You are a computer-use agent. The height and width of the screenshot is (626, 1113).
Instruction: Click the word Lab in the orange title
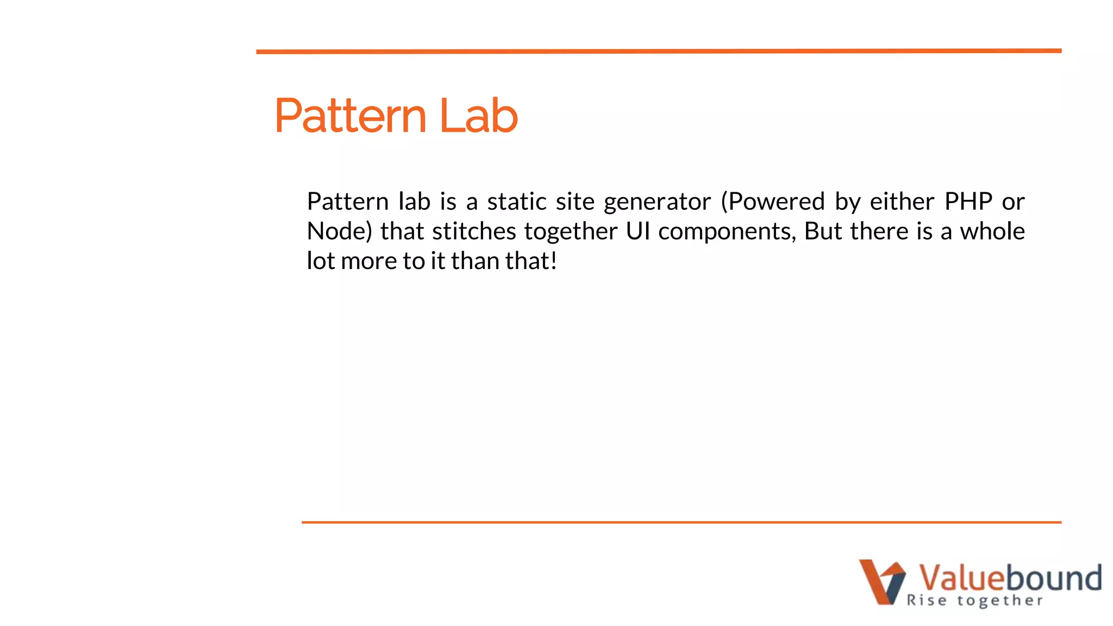click(x=478, y=116)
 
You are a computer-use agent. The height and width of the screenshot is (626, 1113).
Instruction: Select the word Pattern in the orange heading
click(x=351, y=116)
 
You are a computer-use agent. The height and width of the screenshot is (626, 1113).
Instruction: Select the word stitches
click(x=474, y=231)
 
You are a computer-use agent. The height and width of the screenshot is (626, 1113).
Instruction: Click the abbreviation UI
click(x=638, y=231)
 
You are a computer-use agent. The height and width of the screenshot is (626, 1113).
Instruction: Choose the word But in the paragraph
click(x=823, y=231)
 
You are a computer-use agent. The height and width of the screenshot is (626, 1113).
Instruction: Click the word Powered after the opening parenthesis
click(x=777, y=202)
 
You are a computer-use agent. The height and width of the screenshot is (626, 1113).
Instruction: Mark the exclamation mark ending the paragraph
click(x=554, y=261)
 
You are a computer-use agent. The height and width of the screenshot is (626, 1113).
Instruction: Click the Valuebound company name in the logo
click(x=1010, y=577)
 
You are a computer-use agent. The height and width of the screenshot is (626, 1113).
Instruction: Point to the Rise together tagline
click(x=975, y=600)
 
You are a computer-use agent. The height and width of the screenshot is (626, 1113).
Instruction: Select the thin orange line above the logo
click(x=681, y=522)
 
